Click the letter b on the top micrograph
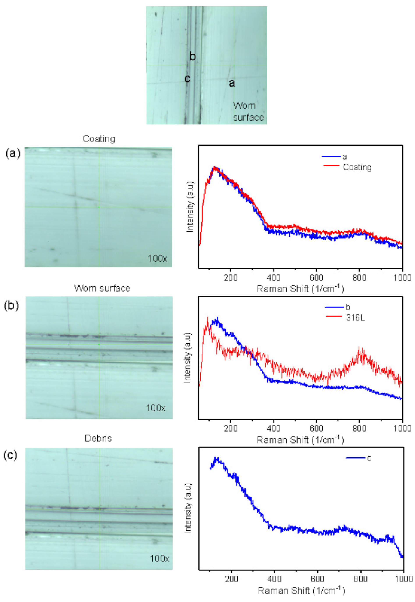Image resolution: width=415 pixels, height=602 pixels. click(192, 56)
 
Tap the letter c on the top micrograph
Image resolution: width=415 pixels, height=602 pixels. click(187, 79)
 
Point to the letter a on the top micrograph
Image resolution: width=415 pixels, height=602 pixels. click(232, 83)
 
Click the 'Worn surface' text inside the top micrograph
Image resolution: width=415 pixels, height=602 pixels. click(248, 111)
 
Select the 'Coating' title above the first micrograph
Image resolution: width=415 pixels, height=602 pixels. click(99, 139)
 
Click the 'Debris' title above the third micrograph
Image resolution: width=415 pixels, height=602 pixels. click(98, 438)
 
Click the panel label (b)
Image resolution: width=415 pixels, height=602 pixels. click(11, 305)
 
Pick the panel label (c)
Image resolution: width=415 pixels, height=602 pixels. click(10, 455)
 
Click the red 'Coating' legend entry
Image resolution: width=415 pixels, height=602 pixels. click(357, 167)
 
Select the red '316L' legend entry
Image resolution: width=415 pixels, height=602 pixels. click(355, 318)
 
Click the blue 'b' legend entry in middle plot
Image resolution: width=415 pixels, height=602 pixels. click(348, 307)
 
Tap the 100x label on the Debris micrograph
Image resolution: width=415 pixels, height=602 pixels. click(159, 558)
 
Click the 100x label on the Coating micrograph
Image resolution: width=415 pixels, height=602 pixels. click(157, 258)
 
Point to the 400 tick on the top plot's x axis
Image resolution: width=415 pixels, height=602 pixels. click(274, 278)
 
